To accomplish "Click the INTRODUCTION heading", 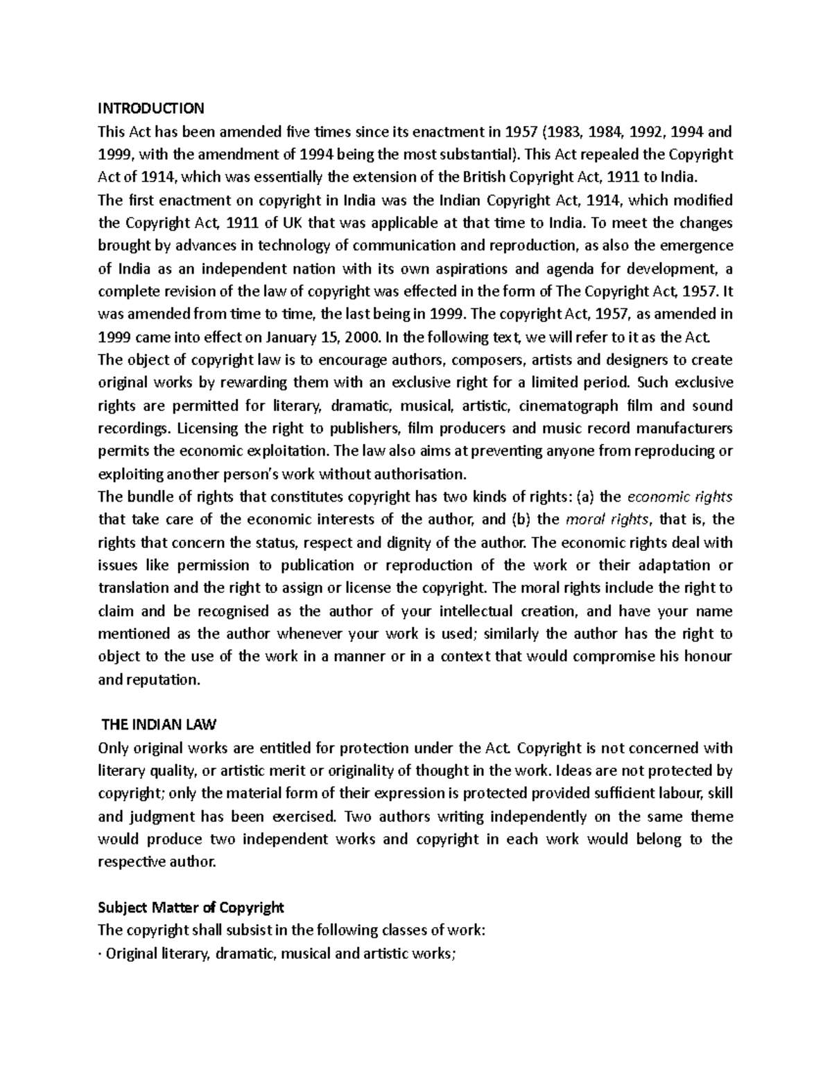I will click(x=151, y=108).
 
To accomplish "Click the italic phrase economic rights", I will click(x=679, y=497).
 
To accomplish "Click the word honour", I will click(x=707, y=657).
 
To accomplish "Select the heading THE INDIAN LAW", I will click(x=159, y=725).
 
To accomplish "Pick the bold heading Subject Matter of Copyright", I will click(x=191, y=908).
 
